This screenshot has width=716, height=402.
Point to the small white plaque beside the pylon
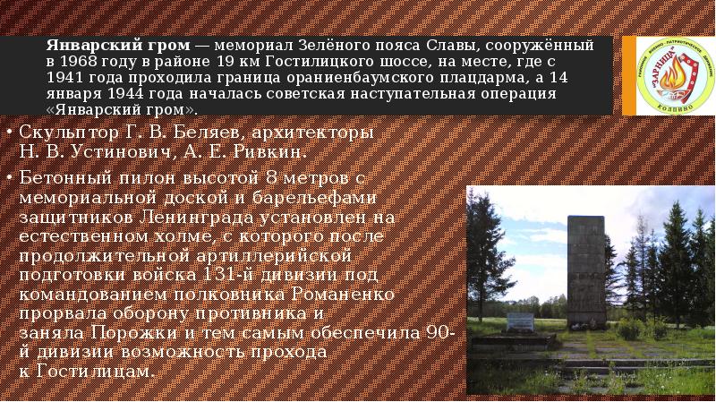coord(520,321)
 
